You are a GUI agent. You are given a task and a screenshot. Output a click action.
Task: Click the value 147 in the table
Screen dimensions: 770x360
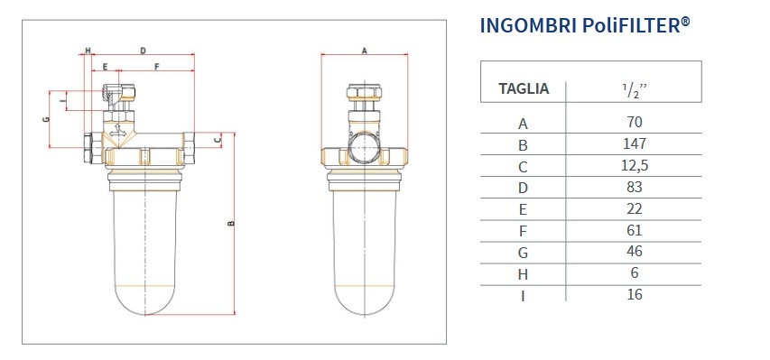pos(634,143)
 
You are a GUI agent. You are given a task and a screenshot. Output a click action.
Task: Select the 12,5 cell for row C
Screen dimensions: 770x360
pos(634,165)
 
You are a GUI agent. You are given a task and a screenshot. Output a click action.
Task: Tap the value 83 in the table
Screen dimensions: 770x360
pos(634,187)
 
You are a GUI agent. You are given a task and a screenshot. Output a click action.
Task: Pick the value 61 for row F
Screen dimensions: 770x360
pos(634,230)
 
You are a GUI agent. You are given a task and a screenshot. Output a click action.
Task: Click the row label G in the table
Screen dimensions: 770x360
pos(523,253)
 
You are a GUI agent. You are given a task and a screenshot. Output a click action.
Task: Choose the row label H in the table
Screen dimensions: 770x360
pos(523,274)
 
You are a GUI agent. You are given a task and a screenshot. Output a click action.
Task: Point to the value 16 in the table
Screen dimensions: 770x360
pos(634,294)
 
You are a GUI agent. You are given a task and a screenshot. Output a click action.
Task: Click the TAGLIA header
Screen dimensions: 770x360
pos(524,89)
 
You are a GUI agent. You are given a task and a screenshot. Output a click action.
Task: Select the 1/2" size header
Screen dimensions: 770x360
pos(635,90)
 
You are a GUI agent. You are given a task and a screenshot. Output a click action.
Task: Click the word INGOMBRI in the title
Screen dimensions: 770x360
pos(528,25)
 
